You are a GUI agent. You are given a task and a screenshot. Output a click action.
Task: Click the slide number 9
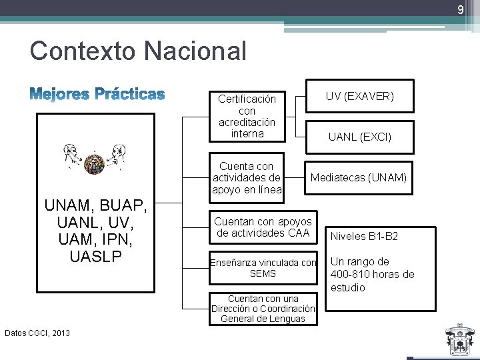pyautogui.click(x=459, y=10)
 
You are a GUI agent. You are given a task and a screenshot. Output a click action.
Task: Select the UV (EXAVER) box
pyautogui.click(x=359, y=97)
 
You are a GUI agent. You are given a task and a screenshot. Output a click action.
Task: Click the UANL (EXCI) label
pyautogui.click(x=359, y=137)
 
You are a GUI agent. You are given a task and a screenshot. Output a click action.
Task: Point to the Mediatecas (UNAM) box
pyautogui.click(x=358, y=177)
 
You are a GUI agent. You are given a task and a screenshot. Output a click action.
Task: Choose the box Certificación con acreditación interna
pyautogui.click(x=247, y=116)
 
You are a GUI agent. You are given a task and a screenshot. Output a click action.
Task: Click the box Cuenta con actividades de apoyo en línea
pyautogui.click(x=246, y=178)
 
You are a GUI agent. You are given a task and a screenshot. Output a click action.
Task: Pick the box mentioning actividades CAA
pyautogui.click(x=263, y=227)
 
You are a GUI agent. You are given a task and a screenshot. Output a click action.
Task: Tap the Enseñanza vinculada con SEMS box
pyautogui.click(x=263, y=267)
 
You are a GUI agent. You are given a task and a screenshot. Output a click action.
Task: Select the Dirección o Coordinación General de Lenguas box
pyautogui.click(x=263, y=309)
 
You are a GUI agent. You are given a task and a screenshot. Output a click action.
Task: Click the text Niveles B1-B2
pyautogui.click(x=364, y=236)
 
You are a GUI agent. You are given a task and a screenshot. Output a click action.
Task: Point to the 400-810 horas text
pyautogui.click(x=372, y=274)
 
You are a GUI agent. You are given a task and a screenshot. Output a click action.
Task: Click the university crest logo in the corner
pyautogui.click(x=459, y=340)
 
